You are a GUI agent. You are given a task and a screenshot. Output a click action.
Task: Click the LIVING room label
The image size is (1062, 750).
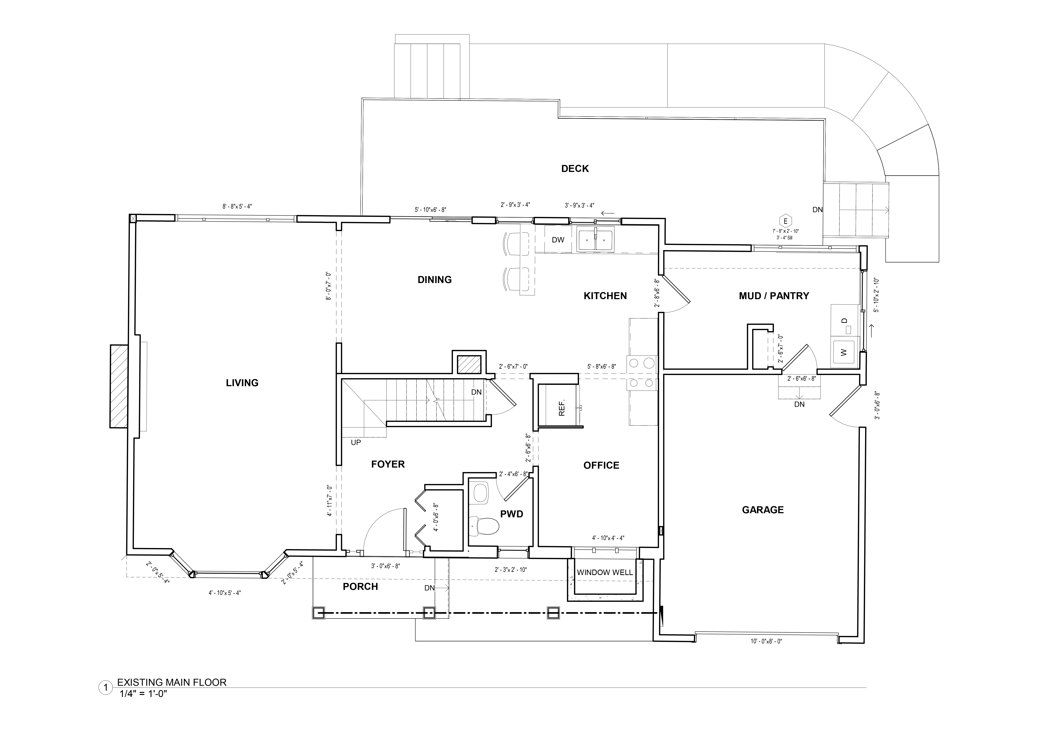tap(242, 383)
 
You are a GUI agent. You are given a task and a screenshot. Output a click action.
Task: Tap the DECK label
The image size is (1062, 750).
tap(575, 169)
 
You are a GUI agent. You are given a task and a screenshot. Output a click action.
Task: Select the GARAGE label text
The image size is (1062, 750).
tap(763, 510)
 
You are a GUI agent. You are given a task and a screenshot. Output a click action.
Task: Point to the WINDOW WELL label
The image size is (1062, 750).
tap(605, 572)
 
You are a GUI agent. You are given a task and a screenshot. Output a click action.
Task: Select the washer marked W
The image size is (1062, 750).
tap(843, 352)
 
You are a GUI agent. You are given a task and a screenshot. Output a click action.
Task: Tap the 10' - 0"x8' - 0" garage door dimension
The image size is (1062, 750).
tap(766, 641)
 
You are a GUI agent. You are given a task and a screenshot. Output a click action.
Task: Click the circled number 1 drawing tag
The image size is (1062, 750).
tap(105, 688)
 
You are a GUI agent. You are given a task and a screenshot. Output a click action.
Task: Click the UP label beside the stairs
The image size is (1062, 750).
tap(356, 443)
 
